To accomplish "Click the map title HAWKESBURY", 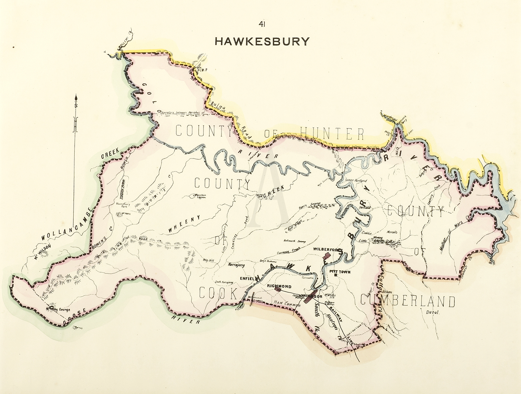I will click(x=262, y=41).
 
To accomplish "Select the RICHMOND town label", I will click(x=279, y=287).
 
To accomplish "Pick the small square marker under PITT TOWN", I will click(x=336, y=275).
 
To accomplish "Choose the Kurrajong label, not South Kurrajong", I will click(x=236, y=265).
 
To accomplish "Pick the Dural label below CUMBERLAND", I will click(x=433, y=313).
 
